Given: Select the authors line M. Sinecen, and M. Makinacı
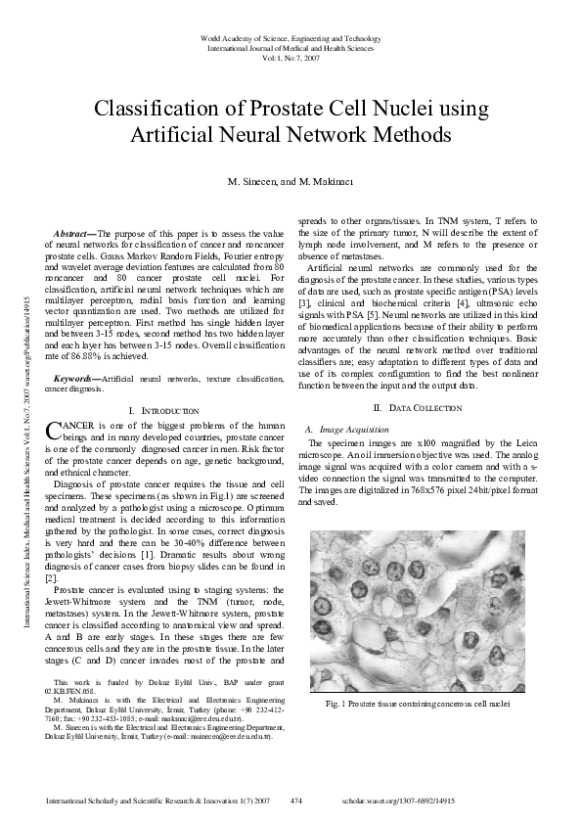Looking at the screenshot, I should coord(291,183).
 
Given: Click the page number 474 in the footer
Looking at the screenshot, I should coord(297,801).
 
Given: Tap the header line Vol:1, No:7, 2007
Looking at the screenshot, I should coord(291,58).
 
